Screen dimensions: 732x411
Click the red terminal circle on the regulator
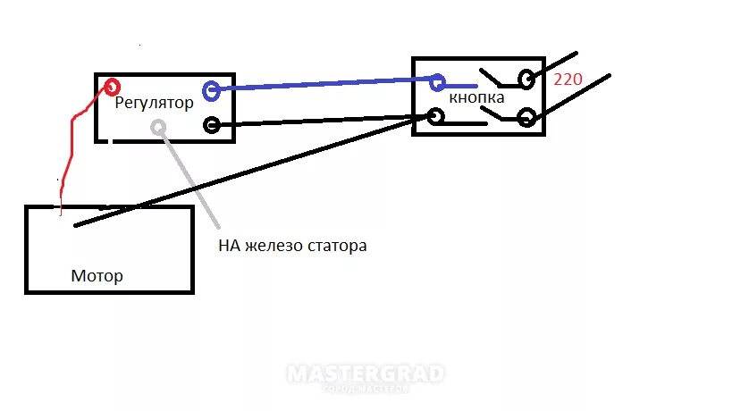(113, 87)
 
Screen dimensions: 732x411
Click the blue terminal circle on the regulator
(211, 90)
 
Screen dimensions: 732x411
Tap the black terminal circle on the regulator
(212, 125)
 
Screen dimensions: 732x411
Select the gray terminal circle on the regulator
(158, 127)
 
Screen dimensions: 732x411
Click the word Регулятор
(154, 103)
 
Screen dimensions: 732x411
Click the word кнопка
(476, 97)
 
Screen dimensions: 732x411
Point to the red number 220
(568, 80)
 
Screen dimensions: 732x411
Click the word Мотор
(97, 276)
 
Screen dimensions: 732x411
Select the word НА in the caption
(229, 245)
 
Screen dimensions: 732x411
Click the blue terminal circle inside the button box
(437, 83)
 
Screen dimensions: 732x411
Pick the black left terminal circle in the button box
(437, 116)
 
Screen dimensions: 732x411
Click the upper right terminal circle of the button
(526, 80)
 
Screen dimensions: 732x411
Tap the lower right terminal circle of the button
(526, 117)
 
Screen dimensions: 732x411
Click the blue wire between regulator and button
(322, 86)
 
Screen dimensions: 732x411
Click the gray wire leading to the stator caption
(189, 179)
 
